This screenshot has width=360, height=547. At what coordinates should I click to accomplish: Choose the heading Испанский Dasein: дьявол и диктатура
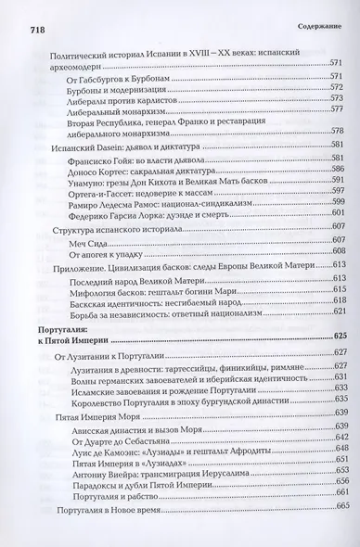click(x=122, y=146)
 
